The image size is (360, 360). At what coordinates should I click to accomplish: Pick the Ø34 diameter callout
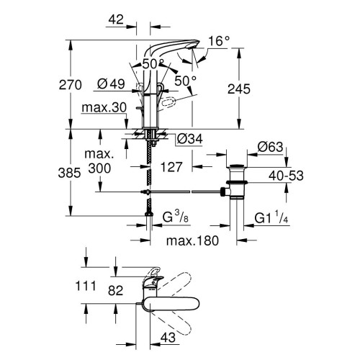coord(186,138)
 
